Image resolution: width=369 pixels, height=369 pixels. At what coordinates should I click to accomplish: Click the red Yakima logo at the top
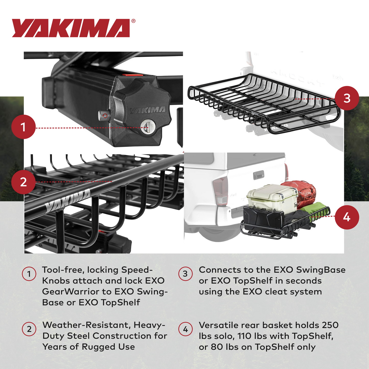point(71,28)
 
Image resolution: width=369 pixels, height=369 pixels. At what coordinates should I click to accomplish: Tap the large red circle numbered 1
point(23,127)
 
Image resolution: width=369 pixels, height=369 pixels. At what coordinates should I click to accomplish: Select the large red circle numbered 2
point(23,182)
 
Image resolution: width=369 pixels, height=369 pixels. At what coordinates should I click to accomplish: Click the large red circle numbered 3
point(347,98)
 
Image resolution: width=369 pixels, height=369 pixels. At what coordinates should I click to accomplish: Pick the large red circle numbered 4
point(347,217)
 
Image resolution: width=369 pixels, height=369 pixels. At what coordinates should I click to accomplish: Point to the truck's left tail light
point(220,191)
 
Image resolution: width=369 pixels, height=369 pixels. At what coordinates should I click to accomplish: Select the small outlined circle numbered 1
point(29,274)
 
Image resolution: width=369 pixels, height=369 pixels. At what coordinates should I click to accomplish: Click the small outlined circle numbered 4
point(185,329)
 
